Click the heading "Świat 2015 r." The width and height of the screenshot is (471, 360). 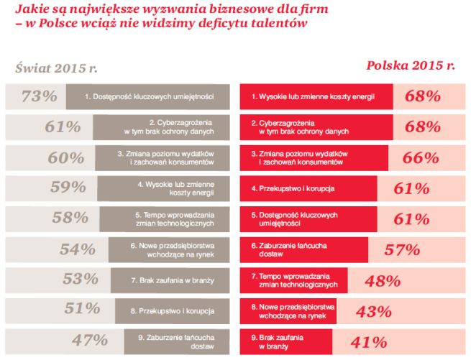coord(56,70)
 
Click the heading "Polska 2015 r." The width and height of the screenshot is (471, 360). coord(411,65)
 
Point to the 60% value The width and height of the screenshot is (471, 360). coord(65,157)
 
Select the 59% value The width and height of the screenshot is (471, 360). coord(69,188)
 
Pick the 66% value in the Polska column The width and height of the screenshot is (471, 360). coord(422,157)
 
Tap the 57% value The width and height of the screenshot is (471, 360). coord(402,249)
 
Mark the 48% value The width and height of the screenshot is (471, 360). coord(383,280)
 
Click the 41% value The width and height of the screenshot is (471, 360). coord(367,341)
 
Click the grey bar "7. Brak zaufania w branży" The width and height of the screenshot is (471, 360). coord(173,280)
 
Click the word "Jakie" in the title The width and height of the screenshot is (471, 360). coord(31,9)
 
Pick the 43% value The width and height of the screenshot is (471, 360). coord(374,310)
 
